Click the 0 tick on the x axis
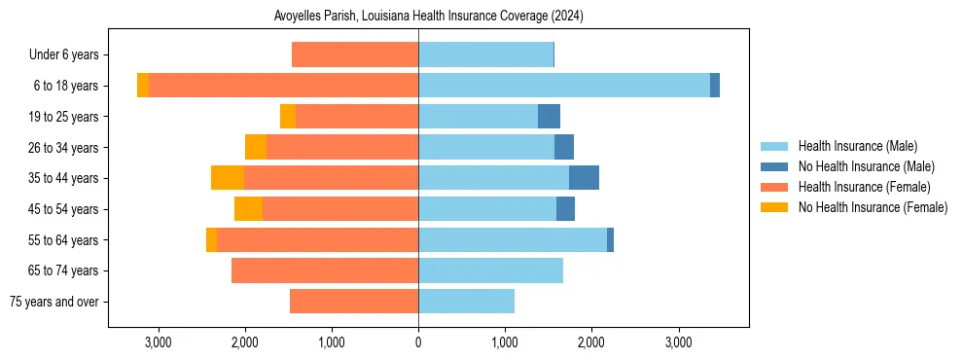click(418, 342)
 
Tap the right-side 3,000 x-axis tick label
click(678, 342)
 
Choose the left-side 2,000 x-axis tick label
click(245, 342)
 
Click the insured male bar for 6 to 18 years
click(564, 86)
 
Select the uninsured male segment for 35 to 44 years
click(584, 178)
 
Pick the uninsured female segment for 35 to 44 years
click(228, 178)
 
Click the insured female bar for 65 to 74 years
click(325, 270)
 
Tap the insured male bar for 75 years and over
click(466, 302)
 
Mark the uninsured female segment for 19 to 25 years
click(288, 117)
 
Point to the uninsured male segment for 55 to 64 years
click(610, 240)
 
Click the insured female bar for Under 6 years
click(355, 55)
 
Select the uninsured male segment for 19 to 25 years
click(549, 117)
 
